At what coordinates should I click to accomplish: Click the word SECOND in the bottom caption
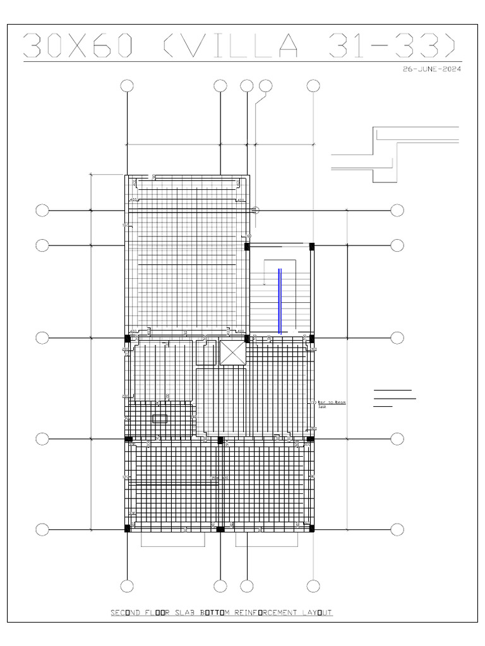pyautogui.click(x=128, y=613)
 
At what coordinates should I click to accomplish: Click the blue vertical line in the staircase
pyautogui.click(x=280, y=300)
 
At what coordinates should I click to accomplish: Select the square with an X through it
pyautogui.click(x=231, y=353)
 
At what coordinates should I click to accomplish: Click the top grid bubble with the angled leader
pyautogui.click(x=265, y=86)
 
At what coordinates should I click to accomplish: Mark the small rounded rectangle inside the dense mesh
pyautogui.click(x=160, y=418)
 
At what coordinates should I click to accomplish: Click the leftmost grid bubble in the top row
pyautogui.click(x=127, y=86)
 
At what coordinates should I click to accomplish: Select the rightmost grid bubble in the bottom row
pyautogui.click(x=314, y=586)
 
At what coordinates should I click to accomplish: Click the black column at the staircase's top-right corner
pyautogui.click(x=311, y=245)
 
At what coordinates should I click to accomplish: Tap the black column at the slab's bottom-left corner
pyautogui.click(x=127, y=528)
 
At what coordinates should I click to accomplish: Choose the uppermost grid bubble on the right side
pyautogui.click(x=397, y=210)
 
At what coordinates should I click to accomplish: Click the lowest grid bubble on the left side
pyautogui.click(x=42, y=529)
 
